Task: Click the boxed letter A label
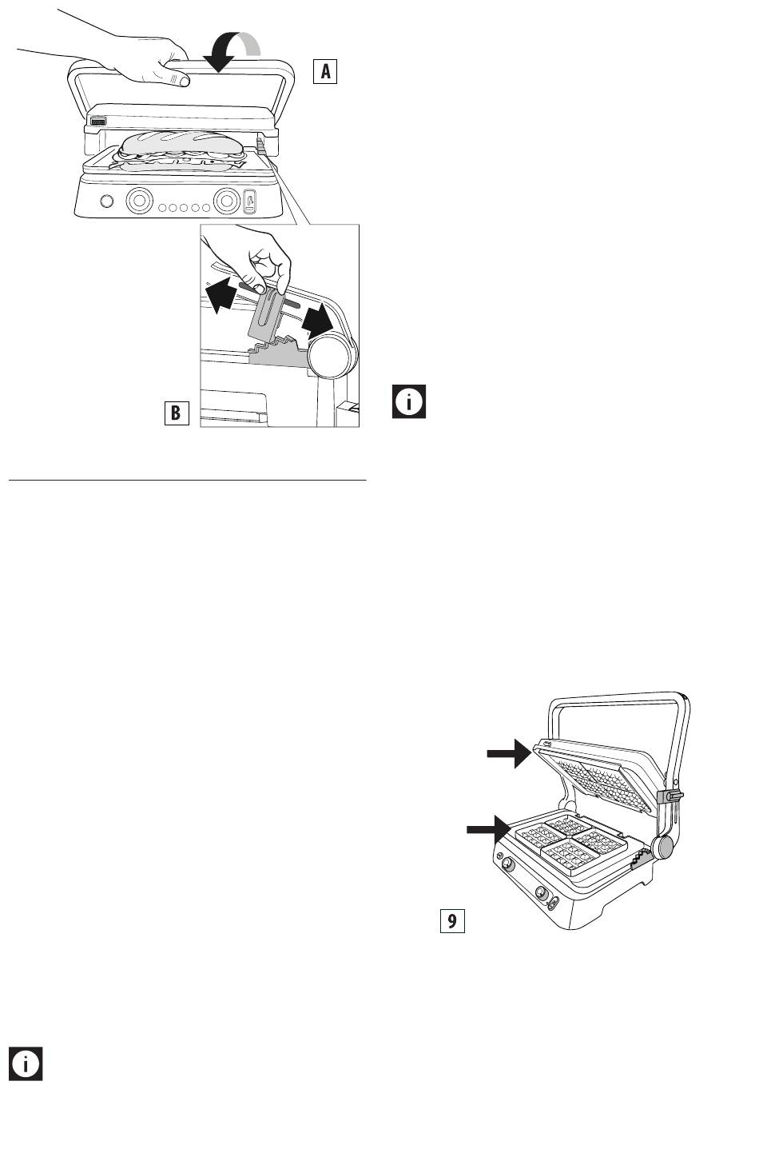pyautogui.click(x=325, y=71)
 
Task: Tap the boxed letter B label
pyautogui.click(x=177, y=413)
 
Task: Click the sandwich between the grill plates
pyautogui.click(x=181, y=151)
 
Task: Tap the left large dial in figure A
pyautogui.click(x=139, y=200)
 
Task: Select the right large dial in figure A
pyautogui.click(x=226, y=200)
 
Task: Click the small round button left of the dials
pyautogui.click(x=105, y=201)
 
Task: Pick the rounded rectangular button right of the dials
pyautogui.click(x=250, y=201)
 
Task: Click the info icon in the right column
pyautogui.click(x=409, y=401)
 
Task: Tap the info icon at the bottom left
pyautogui.click(x=26, y=1063)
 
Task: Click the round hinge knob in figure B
pyautogui.click(x=332, y=356)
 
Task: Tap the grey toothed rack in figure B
pyautogui.click(x=277, y=351)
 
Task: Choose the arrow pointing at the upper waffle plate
pyautogui.click(x=510, y=753)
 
